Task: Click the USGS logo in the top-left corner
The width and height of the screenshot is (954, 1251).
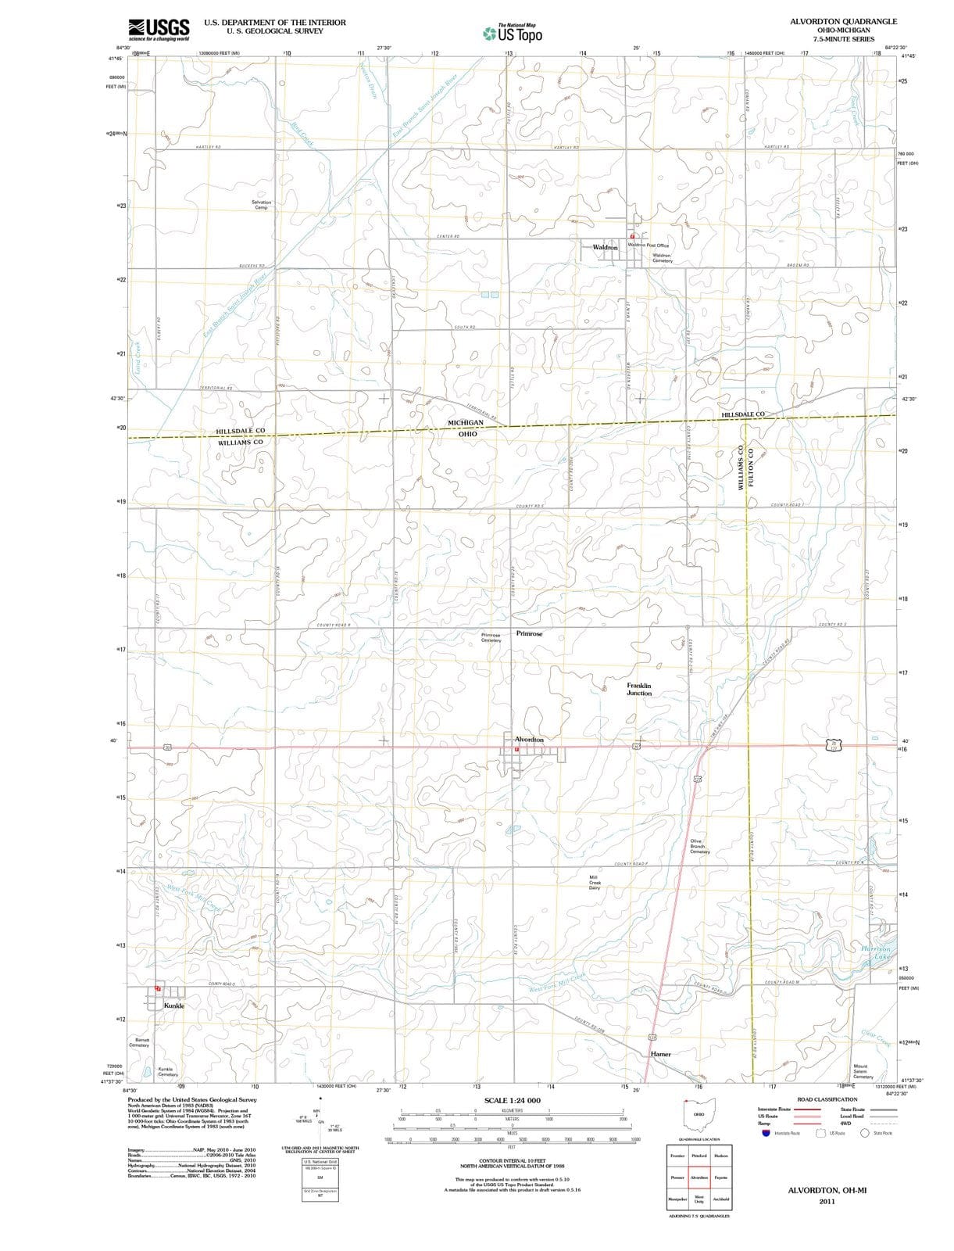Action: (x=159, y=28)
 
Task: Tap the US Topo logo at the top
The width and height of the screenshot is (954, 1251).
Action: (x=513, y=33)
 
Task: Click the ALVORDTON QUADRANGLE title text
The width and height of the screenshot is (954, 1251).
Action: (x=843, y=21)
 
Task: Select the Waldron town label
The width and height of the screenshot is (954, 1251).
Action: (x=606, y=247)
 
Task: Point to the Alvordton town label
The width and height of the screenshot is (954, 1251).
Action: (x=529, y=739)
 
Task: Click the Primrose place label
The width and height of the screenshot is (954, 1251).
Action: (x=529, y=633)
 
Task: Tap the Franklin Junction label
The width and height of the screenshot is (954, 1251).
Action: (x=638, y=689)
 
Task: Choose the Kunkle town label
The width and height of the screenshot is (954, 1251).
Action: (x=173, y=1005)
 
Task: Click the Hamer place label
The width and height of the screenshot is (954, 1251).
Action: (x=661, y=1054)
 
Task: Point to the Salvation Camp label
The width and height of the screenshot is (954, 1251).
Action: (x=261, y=205)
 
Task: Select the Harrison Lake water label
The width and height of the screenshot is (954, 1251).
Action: (x=875, y=953)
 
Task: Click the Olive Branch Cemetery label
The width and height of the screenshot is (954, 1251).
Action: (x=699, y=846)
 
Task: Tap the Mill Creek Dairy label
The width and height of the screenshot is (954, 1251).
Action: (x=594, y=883)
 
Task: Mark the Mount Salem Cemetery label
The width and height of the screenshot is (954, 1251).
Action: (x=863, y=1071)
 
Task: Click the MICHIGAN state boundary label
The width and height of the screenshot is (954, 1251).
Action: (x=466, y=422)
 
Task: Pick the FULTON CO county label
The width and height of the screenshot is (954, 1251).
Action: (x=752, y=467)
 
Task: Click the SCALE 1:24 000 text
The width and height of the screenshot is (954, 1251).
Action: (x=512, y=1100)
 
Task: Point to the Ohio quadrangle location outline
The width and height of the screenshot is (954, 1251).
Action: (x=699, y=1115)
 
